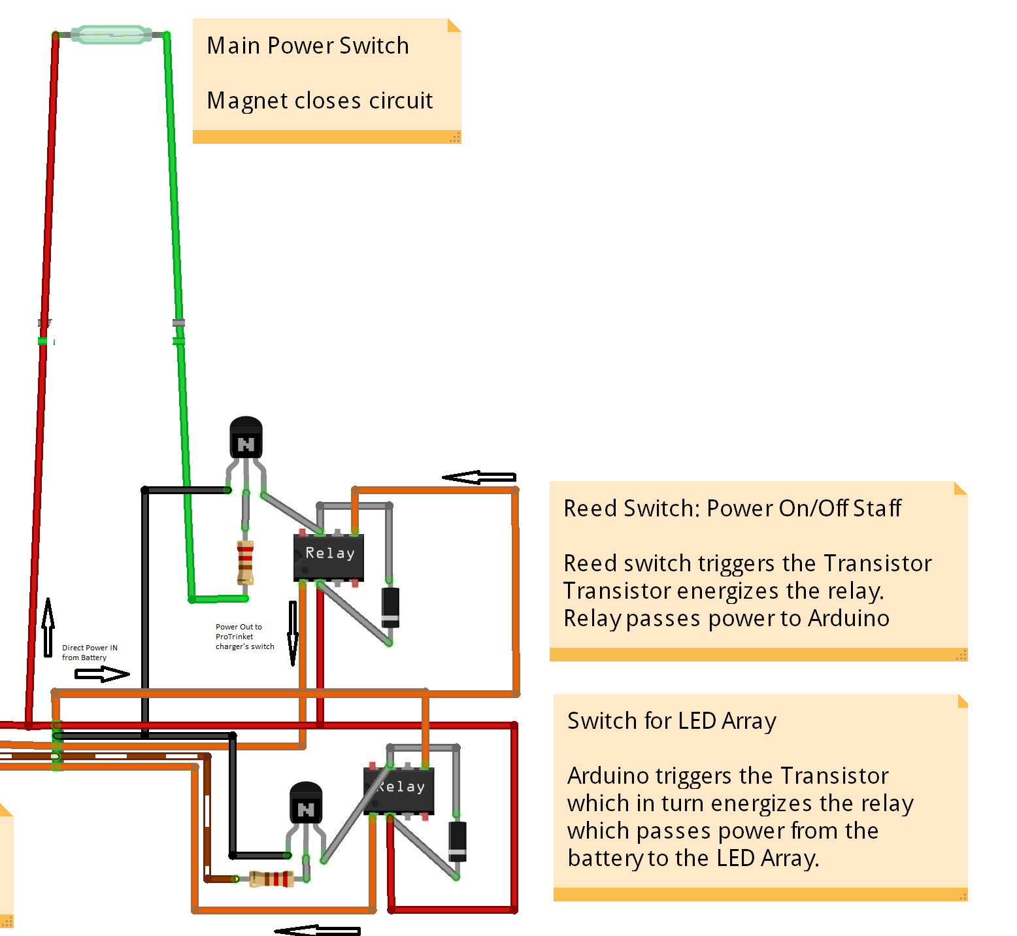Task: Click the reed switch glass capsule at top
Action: (x=111, y=34)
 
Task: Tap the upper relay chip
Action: (x=329, y=556)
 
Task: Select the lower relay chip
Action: (x=399, y=790)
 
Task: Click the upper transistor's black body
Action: (x=246, y=438)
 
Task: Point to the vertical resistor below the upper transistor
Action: (x=245, y=562)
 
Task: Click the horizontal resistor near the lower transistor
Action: (x=271, y=878)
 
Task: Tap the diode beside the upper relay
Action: (x=390, y=608)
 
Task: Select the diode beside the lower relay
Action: (x=458, y=841)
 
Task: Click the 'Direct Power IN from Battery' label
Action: (x=90, y=653)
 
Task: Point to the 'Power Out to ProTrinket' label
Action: (x=244, y=637)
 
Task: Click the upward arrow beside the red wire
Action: (x=48, y=627)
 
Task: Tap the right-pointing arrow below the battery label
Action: (x=102, y=674)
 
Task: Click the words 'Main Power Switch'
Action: (x=307, y=46)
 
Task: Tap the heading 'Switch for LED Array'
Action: (x=671, y=721)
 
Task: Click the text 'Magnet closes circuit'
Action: (x=320, y=101)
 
